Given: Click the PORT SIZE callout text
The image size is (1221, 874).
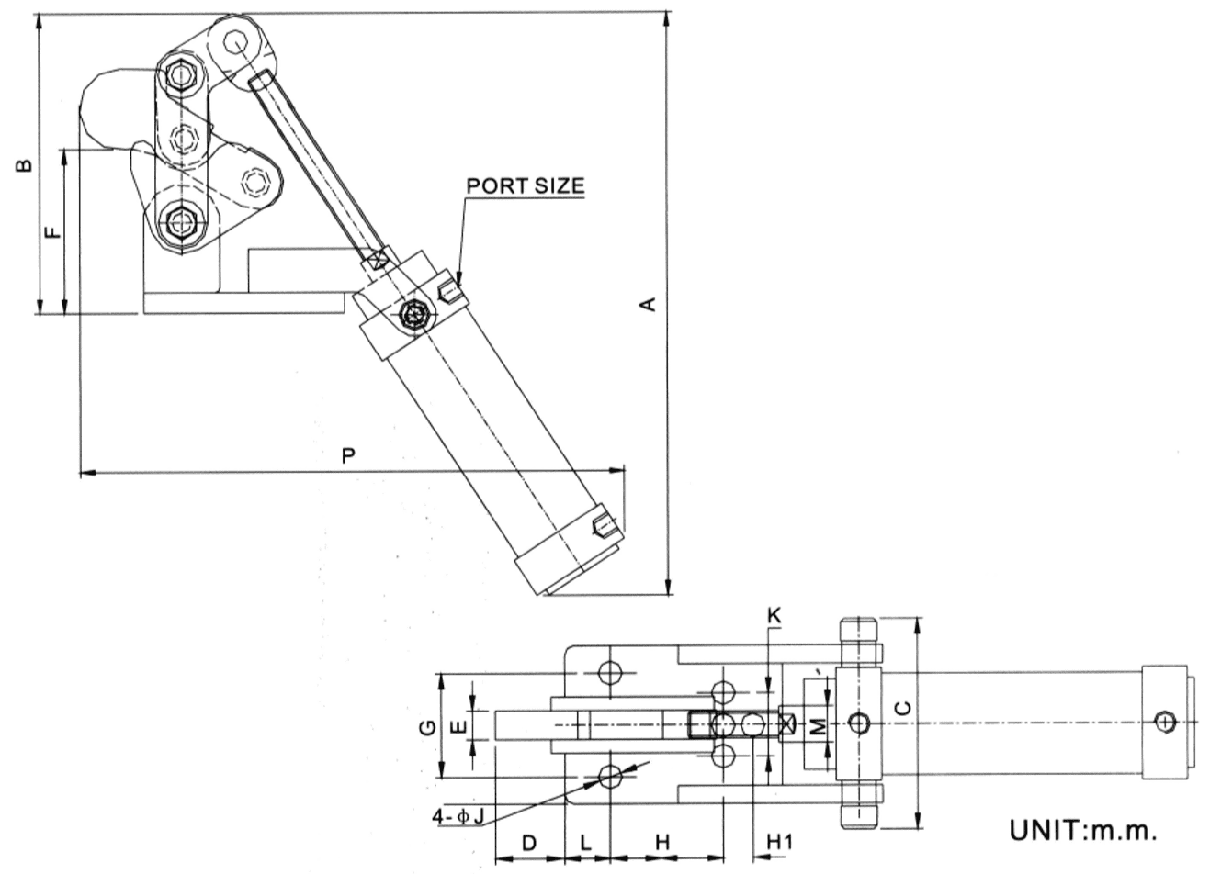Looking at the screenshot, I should pos(525,185).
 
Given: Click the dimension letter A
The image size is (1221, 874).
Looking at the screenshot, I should pos(649,304).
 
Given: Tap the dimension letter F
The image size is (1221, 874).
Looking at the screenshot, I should pos(53,231).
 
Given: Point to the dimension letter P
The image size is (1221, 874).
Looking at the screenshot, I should pos(348,455).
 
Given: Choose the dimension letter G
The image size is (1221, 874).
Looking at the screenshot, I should pos(426,728).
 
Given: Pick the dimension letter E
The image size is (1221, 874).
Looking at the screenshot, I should pos(461,730).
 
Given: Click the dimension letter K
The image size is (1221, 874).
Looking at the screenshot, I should pos(774,617).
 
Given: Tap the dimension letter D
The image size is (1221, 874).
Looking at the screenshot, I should pos(529,841).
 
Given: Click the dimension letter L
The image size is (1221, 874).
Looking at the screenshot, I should pos(586,841).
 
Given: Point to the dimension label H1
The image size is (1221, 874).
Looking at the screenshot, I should pos(779,841).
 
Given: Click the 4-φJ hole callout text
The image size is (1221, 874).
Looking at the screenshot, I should pos(461,816).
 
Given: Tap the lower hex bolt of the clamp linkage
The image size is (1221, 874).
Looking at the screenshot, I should pos(179,222).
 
